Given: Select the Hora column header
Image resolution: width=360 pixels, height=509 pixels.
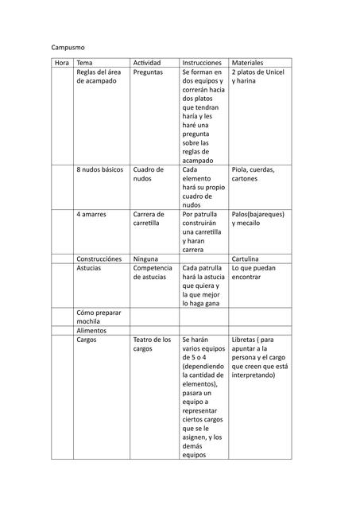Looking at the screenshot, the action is pyautogui.click(x=62, y=63).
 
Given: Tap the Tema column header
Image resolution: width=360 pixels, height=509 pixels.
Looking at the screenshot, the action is pyautogui.click(x=85, y=63).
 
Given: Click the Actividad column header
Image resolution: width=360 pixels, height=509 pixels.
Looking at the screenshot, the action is pyautogui.click(x=147, y=63).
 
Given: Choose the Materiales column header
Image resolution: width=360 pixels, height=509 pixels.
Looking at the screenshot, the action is pyautogui.click(x=248, y=63).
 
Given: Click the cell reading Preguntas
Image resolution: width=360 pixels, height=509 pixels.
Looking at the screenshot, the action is pyautogui.click(x=148, y=72).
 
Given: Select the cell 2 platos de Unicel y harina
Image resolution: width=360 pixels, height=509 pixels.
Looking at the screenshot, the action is pyautogui.click(x=258, y=77).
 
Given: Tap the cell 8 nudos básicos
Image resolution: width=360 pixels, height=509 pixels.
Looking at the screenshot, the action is pyautogui.click(x=100, y=170).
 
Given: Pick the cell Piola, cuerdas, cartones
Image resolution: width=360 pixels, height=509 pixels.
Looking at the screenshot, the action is pyautogui.click(x=254, y=174).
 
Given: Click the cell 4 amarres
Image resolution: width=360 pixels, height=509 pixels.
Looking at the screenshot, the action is pyautogui.click(x=91, y=215).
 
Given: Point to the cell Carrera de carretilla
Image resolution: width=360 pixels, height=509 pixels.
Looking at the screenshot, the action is pyautogui.click(x=149, y=219).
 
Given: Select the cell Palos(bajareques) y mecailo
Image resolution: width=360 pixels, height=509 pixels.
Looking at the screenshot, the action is pyautogui.click(x=258, y=219).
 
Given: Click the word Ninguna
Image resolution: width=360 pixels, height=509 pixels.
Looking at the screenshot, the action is pyautogui.click(x=145, y=259).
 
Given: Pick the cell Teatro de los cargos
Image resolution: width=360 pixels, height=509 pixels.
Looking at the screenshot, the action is pyautogui.click(x=152, y=344).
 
